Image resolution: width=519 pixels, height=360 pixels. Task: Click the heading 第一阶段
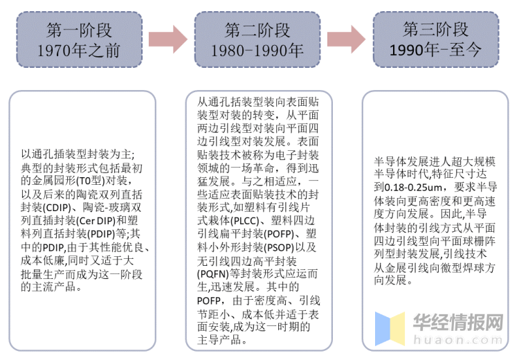[x=79, y=30]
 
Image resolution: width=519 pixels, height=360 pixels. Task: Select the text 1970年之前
[x=78, y=51]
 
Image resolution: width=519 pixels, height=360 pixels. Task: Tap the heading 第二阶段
[x=257, y=30]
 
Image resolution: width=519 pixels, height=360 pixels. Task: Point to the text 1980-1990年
[x=257, y=51]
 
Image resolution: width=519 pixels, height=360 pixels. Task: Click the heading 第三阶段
[x=435, y=30]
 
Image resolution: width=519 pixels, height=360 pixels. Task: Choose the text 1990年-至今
[x=435, y=50]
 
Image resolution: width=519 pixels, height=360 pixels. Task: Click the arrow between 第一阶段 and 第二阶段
[x=168, y=39]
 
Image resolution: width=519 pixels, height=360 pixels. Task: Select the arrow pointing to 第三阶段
[x=346, y=39]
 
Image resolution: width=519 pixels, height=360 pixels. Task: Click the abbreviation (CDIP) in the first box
[x=57, y=208]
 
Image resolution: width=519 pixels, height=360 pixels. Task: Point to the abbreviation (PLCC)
[x=244, y=221]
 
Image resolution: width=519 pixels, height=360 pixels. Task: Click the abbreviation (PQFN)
[x=213, y=274]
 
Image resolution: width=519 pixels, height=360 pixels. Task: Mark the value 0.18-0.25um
[x=413, y=188]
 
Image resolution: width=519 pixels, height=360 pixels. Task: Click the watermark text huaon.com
[x=458, y=340]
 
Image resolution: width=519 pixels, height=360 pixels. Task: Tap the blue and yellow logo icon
[x=390, y=329]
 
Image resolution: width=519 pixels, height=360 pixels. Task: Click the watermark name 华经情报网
[x=458, y=322]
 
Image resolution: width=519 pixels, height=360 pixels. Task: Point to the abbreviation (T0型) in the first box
[x=91, y=181]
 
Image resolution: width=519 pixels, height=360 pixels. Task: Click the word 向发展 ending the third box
[x=390, y=280]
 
